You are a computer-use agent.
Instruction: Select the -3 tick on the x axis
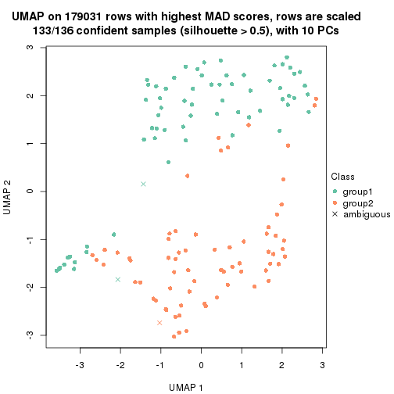pos(80,365)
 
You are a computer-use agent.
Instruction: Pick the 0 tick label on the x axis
pos(201,365)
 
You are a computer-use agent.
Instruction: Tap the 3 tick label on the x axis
pos(322,365)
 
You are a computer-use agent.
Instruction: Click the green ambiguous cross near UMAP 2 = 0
pos(143,184)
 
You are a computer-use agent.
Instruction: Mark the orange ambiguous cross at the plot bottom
pos(159,322)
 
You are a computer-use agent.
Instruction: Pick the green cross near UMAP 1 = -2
pos(118,279)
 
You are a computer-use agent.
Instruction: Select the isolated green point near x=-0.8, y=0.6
pos(168,162)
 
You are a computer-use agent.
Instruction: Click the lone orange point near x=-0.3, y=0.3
pos(188,176)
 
